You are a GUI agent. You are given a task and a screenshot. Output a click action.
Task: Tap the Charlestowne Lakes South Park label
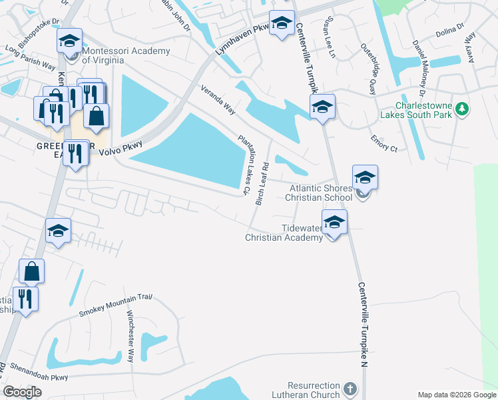(423, 110)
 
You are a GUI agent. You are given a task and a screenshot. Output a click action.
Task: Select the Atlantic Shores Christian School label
(318, 193)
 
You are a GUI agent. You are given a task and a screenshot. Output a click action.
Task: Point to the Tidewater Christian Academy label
(284, 233)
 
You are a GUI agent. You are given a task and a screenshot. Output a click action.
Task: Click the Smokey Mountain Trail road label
(116, 305)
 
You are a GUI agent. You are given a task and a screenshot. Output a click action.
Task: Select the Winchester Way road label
(130, 337)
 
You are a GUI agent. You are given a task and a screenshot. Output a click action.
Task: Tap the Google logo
(22, 392)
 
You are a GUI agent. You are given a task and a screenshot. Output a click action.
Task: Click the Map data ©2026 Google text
(456, 395)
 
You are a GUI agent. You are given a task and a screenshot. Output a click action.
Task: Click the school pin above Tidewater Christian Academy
(334, 222)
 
